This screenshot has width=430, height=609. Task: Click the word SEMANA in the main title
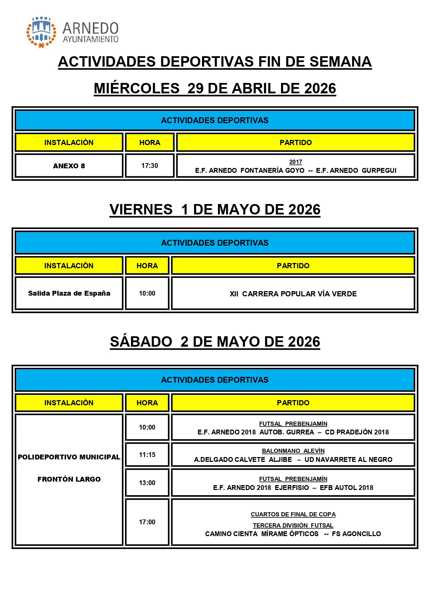tap(340, 62)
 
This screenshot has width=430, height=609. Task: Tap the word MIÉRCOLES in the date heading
tap(137, 88)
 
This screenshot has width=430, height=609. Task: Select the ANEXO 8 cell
tap(69, 166)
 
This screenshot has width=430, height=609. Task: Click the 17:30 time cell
tap(150, 166)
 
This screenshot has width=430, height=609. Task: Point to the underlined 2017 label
tap(296, 162)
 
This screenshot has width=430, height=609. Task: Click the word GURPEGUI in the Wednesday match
tap(379, 170)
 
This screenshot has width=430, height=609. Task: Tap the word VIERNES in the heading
tap(141, 210)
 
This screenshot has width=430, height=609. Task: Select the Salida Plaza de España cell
tap(69, 293)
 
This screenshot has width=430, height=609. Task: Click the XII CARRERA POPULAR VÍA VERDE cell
tap(293, 294)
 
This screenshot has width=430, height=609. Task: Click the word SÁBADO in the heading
tap(141, 342)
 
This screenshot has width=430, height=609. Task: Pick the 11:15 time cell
tap(147, 455)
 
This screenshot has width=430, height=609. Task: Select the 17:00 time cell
tap(147, 522)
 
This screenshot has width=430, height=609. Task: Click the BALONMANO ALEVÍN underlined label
tap(293, 451)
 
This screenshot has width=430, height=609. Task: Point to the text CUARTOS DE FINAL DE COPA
tap(293, 514)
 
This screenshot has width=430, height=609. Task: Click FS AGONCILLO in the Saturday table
tap(356, 534)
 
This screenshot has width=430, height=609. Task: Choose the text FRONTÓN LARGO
tap(69, 479)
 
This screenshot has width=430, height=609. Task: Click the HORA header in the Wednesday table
tap(150, 143)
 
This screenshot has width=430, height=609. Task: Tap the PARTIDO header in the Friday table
tap(293, 266)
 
